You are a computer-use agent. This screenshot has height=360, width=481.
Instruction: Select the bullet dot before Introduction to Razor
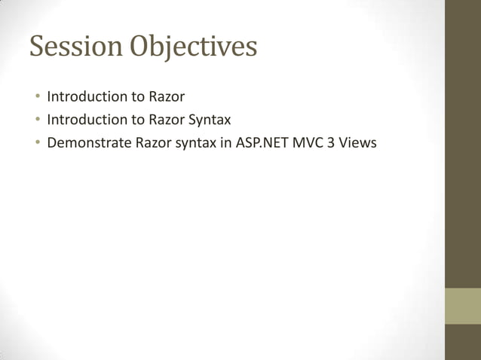35,97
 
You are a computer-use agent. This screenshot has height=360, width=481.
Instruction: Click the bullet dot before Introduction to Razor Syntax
35,120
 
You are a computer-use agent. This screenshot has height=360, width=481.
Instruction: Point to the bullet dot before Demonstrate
35,142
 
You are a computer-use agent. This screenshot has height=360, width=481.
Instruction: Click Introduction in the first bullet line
87,96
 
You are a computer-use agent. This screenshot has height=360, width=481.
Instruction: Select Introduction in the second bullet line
87,119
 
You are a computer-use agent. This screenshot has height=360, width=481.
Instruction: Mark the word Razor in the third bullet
155,142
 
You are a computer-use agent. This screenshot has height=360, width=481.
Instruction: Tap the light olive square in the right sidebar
463,306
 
